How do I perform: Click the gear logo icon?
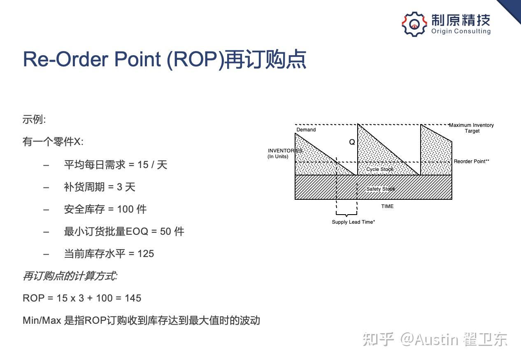[x=414, y=24]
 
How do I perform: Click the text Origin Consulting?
[x=461, y=31]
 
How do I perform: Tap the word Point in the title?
[x=138, y=59]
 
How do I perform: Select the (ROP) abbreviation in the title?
[x=195, y=60]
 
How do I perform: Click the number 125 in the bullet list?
[x=146, y=254]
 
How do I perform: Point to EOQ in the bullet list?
[x=137, y=231]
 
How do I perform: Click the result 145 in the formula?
[x=133, y=298]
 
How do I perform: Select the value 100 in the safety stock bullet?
[x=126, y=209]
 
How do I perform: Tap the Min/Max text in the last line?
[x=42, y=320]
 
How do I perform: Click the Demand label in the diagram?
[x=306, y=130]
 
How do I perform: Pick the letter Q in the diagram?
[x=352, y=142]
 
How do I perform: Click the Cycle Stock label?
[x=380, y=169]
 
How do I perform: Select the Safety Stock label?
[x=381, y=189]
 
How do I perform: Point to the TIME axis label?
[x=387, y=206]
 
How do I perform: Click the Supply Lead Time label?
[x=354, y=222]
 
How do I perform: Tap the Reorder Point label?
[x=472, y=161]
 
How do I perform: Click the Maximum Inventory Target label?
[x=471, y=128]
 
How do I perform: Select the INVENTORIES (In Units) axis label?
[x=285, y=154]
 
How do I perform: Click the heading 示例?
[x=34, y=119]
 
